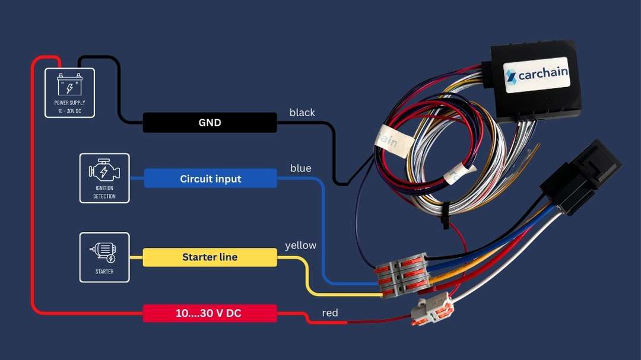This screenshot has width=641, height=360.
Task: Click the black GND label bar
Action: point(210,123)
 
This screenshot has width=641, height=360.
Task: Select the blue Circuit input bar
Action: point(210,179)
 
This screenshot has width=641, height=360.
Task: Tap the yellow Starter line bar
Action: point(210,257)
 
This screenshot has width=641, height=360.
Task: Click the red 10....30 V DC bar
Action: point(210,313)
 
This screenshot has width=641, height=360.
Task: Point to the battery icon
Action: point(69,85)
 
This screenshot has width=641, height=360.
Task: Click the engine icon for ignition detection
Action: point(104,171)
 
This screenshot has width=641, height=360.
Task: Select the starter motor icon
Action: point(104,251)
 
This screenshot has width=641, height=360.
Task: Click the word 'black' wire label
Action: point(302,113)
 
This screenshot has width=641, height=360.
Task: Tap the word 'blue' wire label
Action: point(300,168)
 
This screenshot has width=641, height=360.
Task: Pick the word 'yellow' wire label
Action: point(300,245)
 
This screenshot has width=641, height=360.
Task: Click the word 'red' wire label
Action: point(330,313)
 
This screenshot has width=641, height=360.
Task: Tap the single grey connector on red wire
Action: point(432,310)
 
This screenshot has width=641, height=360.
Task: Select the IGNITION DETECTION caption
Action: point(104,192)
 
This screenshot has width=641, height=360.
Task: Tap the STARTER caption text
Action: point(104,272)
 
